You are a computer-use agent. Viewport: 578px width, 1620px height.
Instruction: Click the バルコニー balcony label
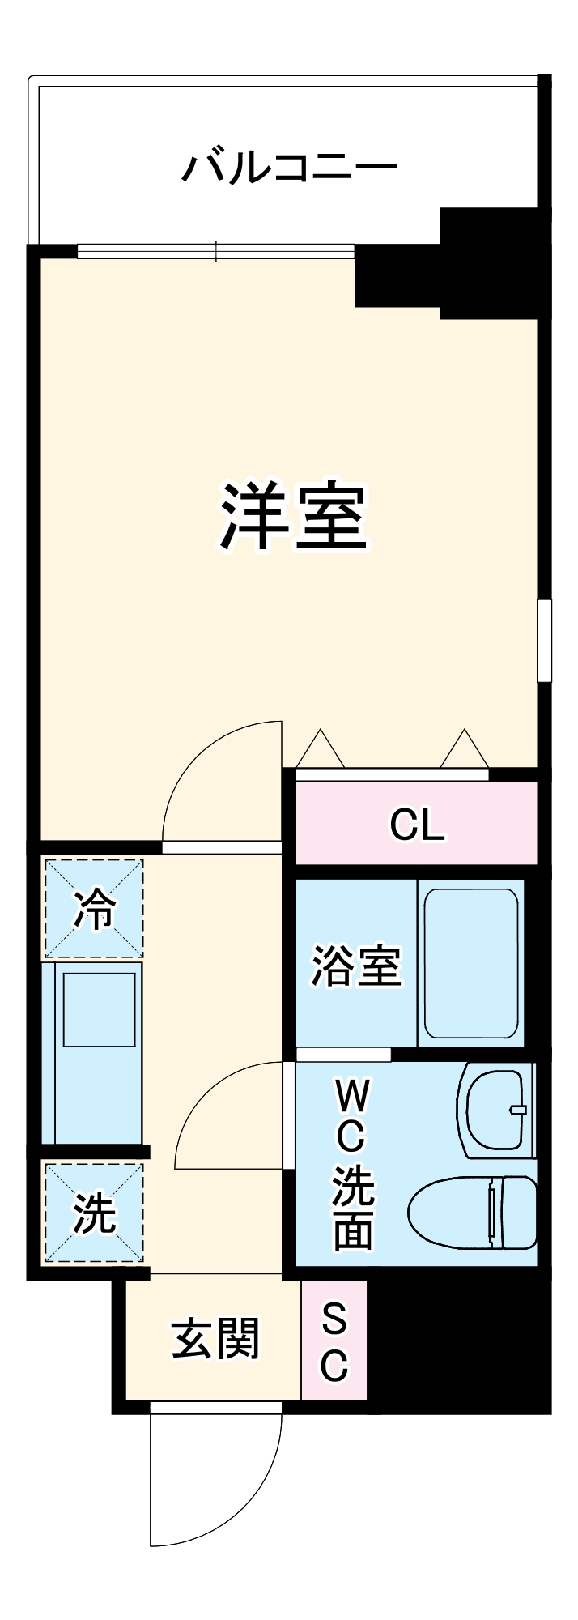coord(289,168)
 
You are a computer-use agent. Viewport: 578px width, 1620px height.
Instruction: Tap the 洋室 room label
coord(294,517)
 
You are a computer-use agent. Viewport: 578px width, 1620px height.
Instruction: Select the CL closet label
coord(417,825)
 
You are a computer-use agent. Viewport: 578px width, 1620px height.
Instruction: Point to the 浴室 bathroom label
coord(356,965)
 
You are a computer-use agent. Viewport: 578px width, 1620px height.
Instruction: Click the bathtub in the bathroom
coord(470,963)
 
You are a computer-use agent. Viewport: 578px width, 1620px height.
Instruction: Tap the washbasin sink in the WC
coord(495,1109)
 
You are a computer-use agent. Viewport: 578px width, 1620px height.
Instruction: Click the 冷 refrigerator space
coord(94,909)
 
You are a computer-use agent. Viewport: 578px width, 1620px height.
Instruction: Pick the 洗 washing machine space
coord(94,1213)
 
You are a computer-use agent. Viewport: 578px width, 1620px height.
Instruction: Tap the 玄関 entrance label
coord(215,1337)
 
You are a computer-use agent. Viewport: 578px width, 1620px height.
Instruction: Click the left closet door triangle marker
coord(321,750)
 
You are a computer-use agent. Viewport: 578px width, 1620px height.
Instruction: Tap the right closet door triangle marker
coord(465,750)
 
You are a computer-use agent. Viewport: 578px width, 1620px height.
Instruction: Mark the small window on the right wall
coord(544,640)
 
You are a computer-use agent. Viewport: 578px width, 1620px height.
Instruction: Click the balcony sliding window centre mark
coord(216,251)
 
